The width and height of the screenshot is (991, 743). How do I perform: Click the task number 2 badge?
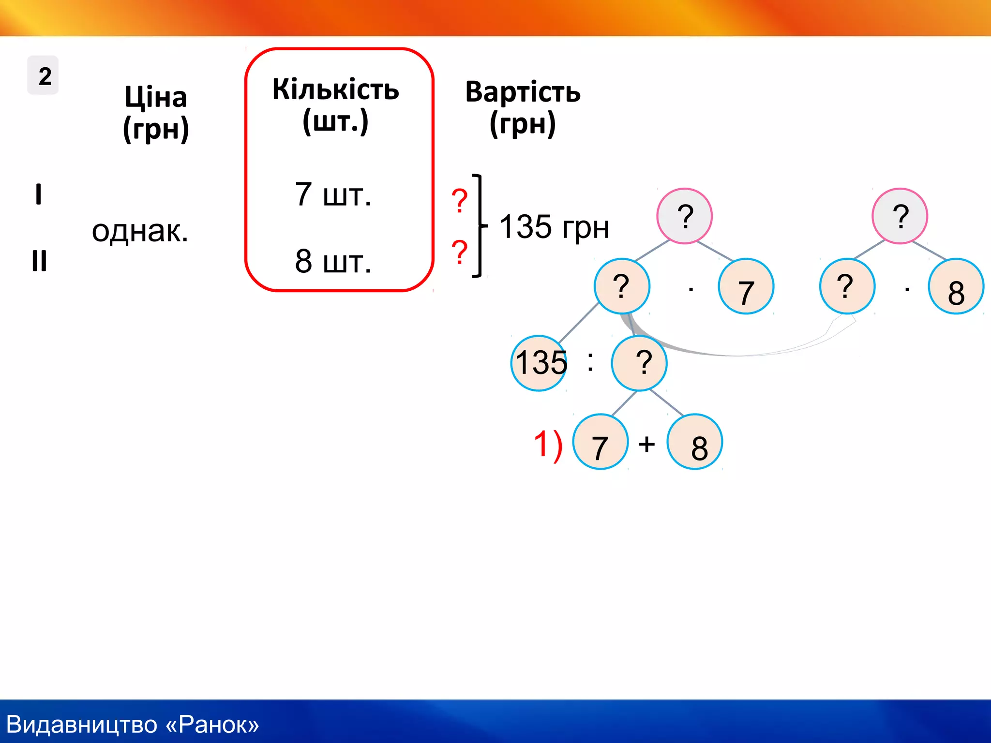43,75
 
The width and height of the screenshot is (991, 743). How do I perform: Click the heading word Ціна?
156,97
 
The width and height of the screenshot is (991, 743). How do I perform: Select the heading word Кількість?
335,89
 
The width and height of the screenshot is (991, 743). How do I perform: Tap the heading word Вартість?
523,92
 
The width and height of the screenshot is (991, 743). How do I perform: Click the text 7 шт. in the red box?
333,195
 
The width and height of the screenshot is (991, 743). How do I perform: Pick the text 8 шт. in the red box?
333,262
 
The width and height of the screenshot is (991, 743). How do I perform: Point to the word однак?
140,231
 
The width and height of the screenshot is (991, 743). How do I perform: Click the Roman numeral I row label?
39,194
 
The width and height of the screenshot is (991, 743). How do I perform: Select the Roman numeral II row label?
39,261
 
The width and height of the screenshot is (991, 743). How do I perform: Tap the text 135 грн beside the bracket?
554,227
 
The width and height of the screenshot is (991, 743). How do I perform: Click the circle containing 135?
539,363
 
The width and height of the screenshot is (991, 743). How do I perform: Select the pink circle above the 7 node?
684,216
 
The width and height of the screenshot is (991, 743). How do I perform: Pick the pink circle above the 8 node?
900,216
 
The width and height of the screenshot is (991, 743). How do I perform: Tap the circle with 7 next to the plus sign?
600,442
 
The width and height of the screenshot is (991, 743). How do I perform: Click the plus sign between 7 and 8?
646,444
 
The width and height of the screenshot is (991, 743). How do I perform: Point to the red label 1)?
548,444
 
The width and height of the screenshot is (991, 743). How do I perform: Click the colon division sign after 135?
590,362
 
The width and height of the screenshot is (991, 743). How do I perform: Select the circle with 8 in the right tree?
956,287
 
